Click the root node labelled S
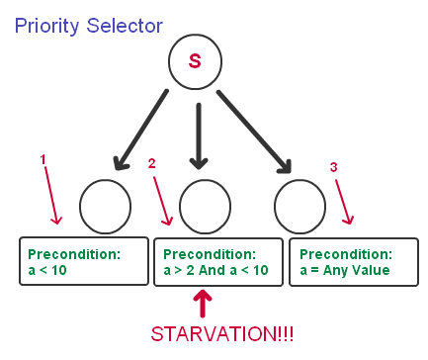(196, 61)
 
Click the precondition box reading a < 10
(82, 261)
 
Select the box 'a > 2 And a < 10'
(216, 261)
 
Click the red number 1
(43, 158)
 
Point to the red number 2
(150, 162)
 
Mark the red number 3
(334, 168)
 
